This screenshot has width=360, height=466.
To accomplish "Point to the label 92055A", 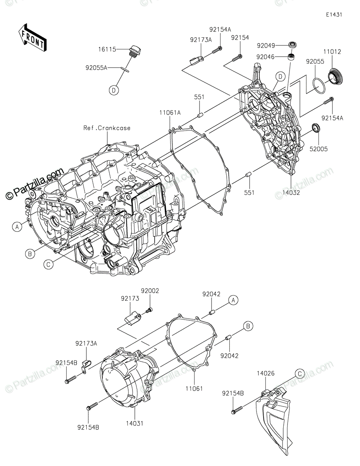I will coord(96,67).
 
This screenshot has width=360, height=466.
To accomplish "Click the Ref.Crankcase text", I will coord(107,128).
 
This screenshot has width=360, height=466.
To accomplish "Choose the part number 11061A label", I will coord(169,113).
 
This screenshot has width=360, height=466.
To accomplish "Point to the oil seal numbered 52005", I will coord(316,128).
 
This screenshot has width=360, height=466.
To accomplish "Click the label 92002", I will coord(150,291).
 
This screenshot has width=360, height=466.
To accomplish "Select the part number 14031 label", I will coord(134,423).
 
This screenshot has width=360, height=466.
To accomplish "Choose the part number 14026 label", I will coord(265,373).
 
